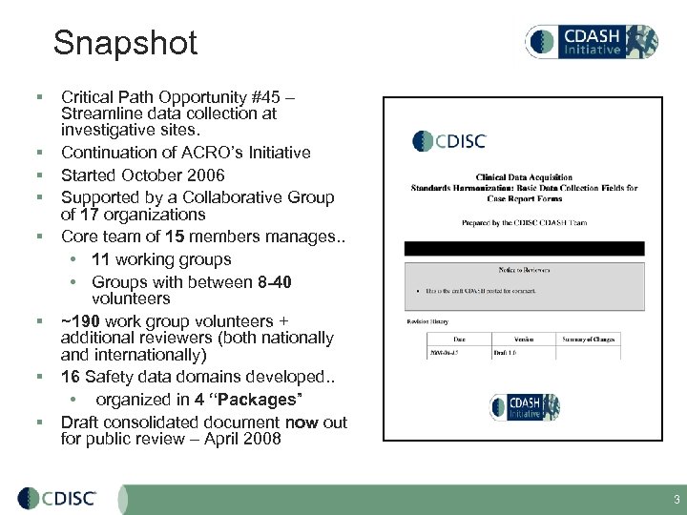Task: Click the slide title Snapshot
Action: pyautogui.click(x=125, y=43)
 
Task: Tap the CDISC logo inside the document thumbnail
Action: pyautogui.click(x=449, y=141)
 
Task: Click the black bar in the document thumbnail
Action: pyautogui.click(x=524, y=248)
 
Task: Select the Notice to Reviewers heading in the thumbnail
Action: pyautogui.click(x=524, y=270)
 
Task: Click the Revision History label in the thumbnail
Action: pyautogui.click(x=427, y=321)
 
